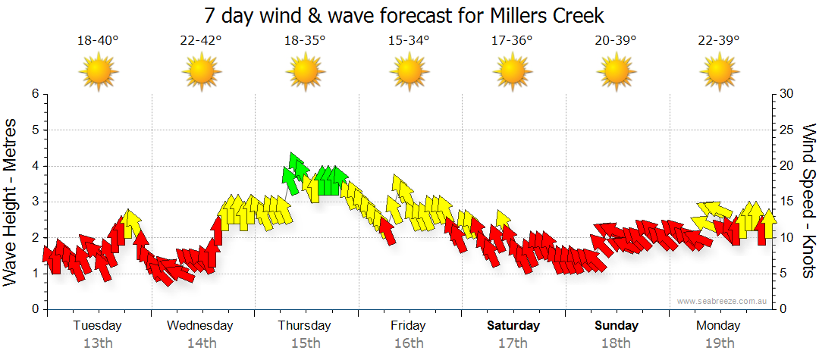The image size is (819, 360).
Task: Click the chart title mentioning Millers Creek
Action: point(404,16)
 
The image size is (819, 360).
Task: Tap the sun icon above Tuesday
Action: point(98,73)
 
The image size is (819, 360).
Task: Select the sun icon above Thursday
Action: point(305,73)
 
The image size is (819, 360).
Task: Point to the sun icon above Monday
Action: point(718,73)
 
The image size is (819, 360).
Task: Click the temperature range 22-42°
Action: point(201,41)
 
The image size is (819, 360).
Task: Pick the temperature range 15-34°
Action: point(409,41)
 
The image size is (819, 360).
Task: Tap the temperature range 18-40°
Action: point(98,41)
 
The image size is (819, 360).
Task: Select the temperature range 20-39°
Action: point(615,41)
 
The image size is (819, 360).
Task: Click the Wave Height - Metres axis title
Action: point(11,201)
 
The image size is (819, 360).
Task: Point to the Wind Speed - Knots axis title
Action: point(808,201)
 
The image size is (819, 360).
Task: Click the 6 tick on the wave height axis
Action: point(35,94)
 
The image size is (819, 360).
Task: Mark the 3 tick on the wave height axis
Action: point(35,202)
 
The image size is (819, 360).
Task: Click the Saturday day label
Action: point(513,326)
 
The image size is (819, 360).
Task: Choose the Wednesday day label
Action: point(200,326)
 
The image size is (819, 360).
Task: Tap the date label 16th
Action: point(409,343)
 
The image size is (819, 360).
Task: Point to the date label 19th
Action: point(718,343)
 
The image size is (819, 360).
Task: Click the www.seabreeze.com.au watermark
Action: point(723,301)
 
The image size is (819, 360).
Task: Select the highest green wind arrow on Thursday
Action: point(297,163)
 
